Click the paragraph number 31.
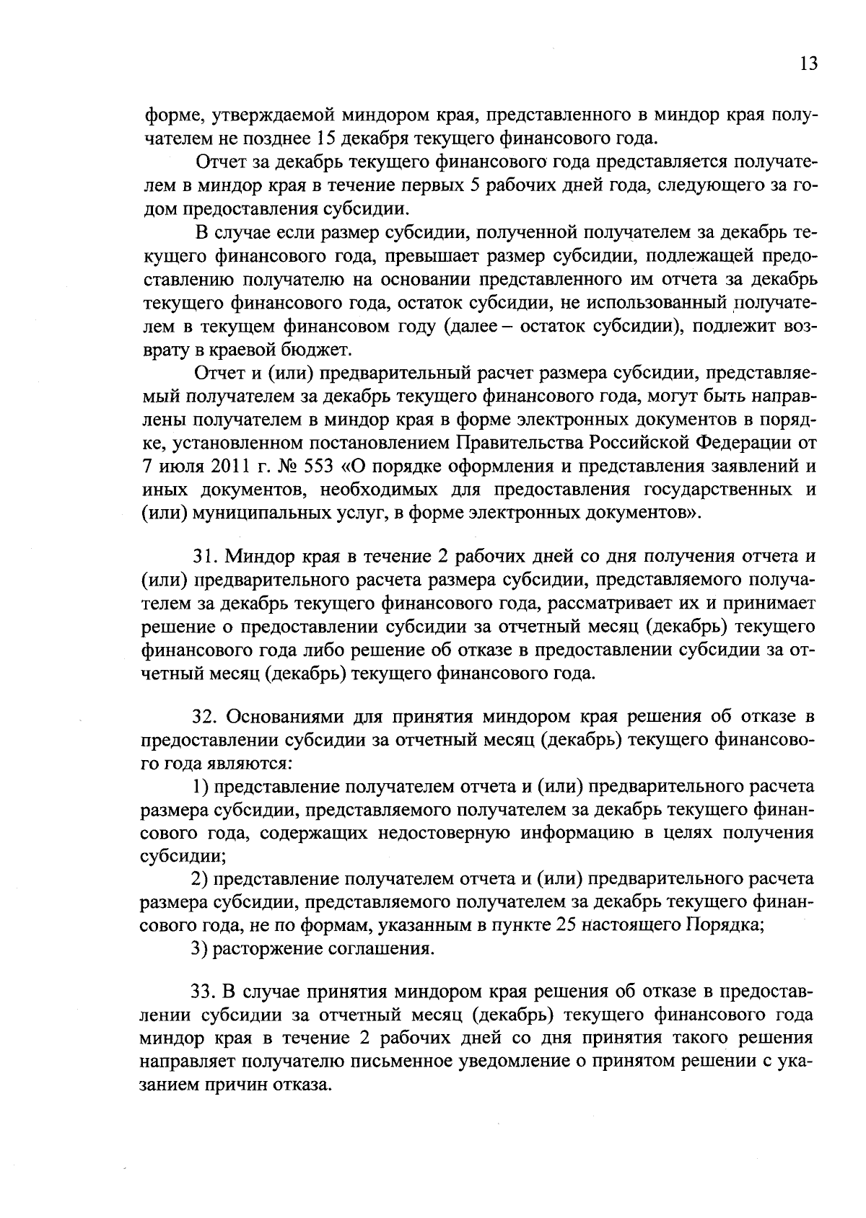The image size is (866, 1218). [x=205, y=557]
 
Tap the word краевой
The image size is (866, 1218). [x=233, y=350]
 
